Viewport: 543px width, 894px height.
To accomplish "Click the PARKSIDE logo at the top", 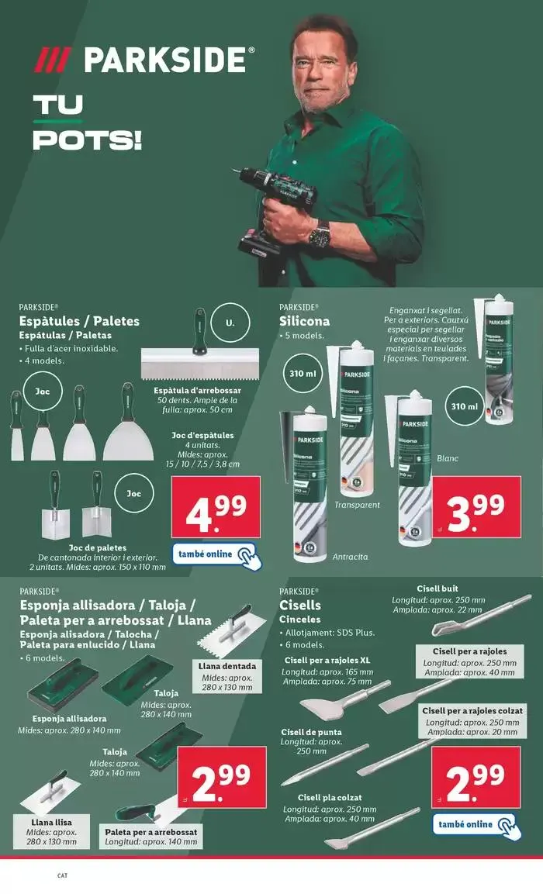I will pos(145,60).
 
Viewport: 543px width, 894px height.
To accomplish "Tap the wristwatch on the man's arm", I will pos(319,233).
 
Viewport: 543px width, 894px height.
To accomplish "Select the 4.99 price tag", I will pos(217,506).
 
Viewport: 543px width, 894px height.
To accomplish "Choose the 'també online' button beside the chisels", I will pos(474,824).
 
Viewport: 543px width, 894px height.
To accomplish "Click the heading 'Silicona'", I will pos(304,321).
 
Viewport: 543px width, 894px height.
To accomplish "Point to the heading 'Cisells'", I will pos(299,606).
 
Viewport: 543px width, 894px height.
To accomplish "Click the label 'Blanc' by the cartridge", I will pos(448,458).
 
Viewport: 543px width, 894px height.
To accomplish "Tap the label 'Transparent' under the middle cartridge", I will pos(357,505).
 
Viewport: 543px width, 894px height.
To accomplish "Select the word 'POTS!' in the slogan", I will pos(87,140).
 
